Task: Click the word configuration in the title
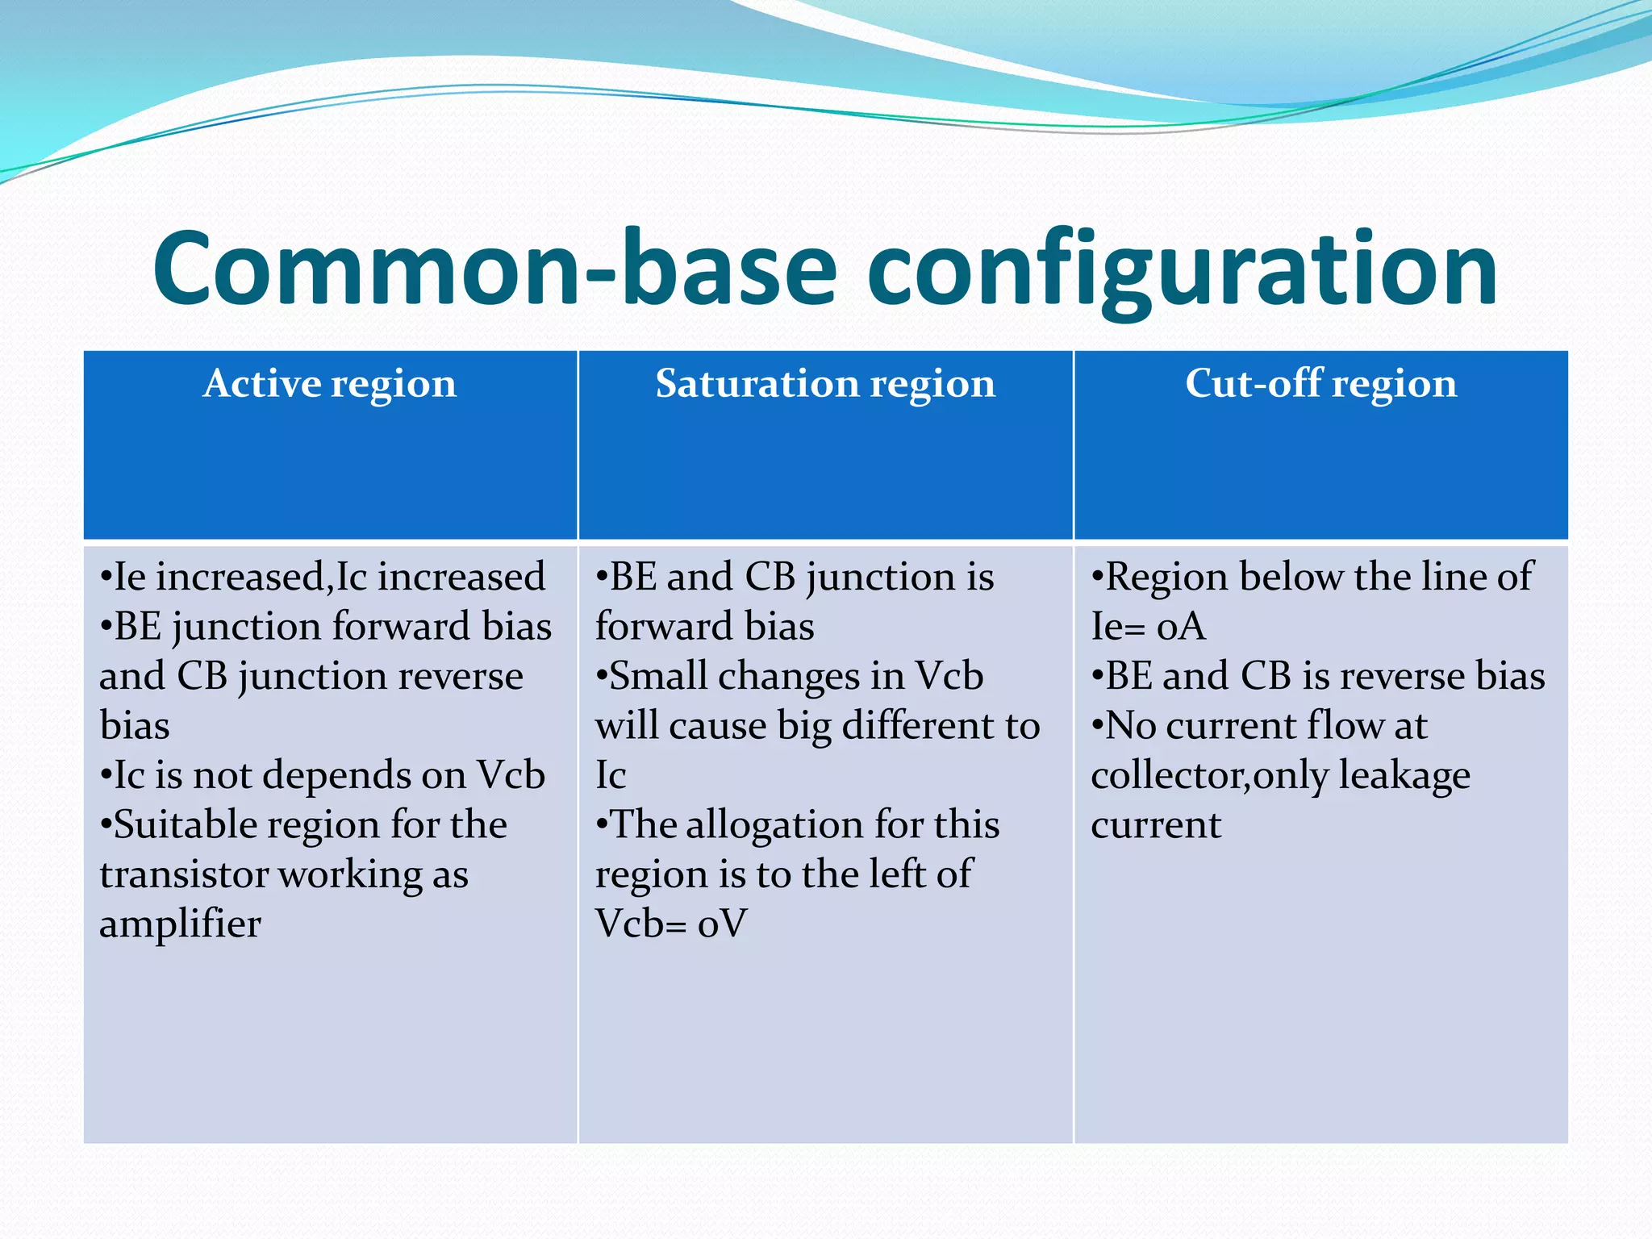click(1182, 270)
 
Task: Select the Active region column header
click(330, 383)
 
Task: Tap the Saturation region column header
click(825, 383)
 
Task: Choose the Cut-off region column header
click(1320, 383)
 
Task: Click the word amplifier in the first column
click(180, 924)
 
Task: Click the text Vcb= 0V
click(671, 924)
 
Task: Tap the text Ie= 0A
click(1148, 627)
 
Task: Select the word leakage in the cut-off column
click(1404, 776)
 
